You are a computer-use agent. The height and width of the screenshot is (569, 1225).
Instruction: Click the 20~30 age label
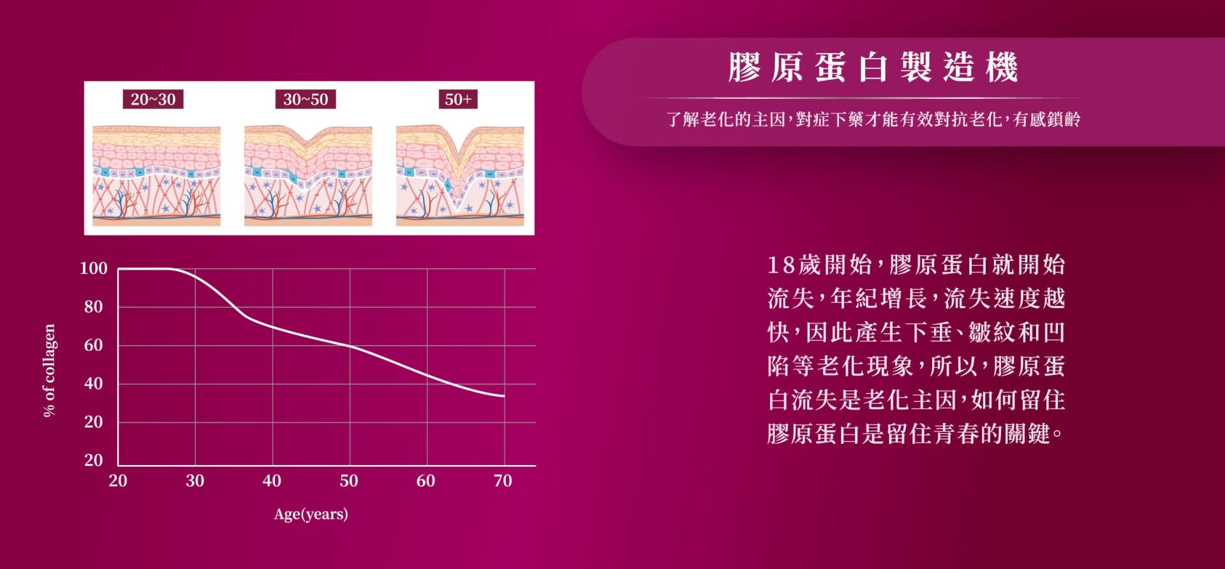[x=153, y=100]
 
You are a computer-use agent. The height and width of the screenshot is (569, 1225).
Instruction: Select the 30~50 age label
[x=306, y=100]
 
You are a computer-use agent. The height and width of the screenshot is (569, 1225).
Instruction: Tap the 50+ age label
[x=458, y=100]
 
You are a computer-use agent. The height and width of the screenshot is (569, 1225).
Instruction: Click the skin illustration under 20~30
[x=156, y=175]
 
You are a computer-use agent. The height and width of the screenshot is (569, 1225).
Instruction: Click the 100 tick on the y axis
[x=93, y=269]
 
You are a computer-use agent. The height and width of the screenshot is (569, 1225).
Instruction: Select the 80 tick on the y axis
[x=93, y=307]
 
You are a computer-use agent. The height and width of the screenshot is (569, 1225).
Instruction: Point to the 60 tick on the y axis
[x=93, y=345]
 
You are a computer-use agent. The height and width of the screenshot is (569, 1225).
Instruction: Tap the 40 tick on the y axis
[x=93, y=383]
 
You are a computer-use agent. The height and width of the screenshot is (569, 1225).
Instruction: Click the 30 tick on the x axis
[x=195, y=481]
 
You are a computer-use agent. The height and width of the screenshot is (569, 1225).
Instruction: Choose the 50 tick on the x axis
[x=349, y=481]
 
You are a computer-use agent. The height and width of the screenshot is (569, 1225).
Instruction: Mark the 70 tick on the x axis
[x=503, y=481]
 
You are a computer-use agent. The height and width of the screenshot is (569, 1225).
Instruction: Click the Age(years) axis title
[x=311, y=514]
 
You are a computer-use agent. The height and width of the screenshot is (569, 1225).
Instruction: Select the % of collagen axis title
[x=49, y=371]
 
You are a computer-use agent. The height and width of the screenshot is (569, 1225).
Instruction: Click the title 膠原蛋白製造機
[x=873, y=68]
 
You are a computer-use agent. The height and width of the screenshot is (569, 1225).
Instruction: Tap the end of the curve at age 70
[x=504, y=396]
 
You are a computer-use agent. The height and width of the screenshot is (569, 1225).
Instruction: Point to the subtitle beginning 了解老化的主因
[x=873, y=119]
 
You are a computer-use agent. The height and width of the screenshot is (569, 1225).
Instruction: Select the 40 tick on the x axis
[x=272, y=481]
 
